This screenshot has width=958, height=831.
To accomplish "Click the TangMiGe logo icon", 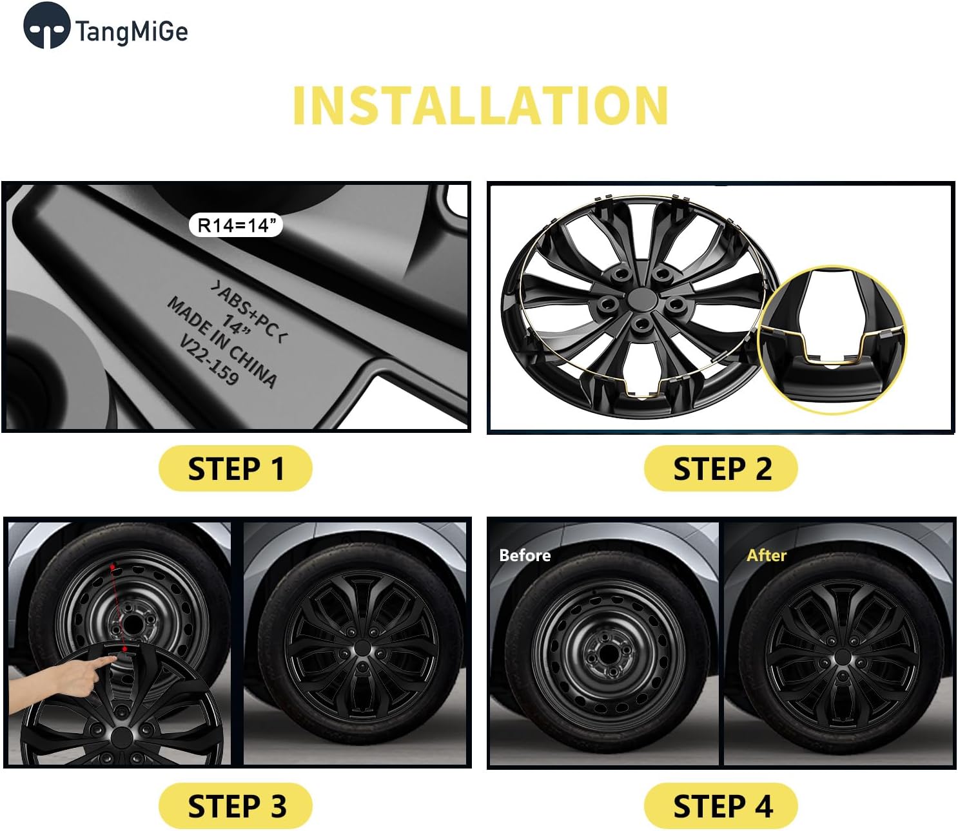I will click(46, 26).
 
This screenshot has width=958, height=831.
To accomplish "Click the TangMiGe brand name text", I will click(132, 31).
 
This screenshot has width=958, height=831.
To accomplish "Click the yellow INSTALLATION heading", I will click(480, 106).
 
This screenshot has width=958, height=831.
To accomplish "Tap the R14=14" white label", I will click(236, 225).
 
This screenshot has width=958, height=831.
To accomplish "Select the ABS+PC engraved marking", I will click(249, 310).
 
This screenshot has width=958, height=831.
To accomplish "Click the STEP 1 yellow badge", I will click(235, 468).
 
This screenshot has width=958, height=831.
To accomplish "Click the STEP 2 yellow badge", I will click(721, 468).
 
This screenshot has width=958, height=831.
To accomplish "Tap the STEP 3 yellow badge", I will click(235, 806).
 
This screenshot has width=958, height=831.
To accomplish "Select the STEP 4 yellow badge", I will click(721, 806).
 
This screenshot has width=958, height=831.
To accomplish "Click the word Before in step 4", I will click(525, 555).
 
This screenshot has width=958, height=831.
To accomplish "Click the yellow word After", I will click(766, 555).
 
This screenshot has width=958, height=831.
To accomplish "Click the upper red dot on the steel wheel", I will click(113, 567).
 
